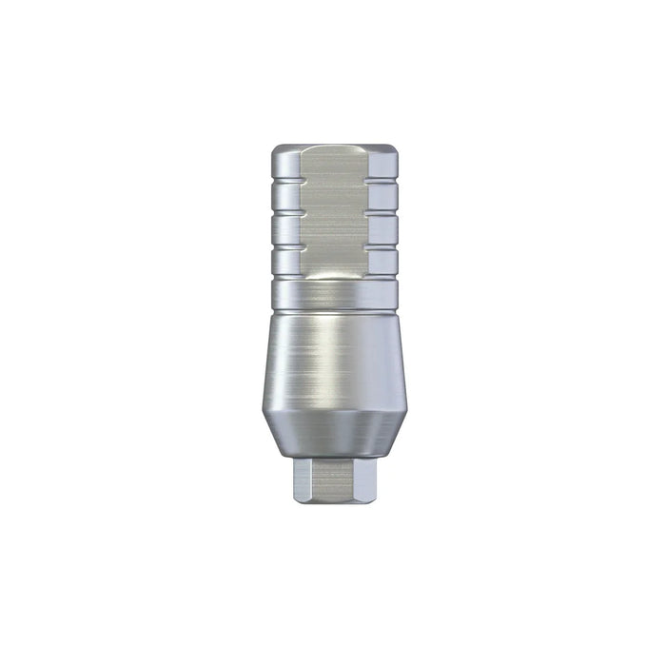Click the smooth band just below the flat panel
[x=333, y=295]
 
